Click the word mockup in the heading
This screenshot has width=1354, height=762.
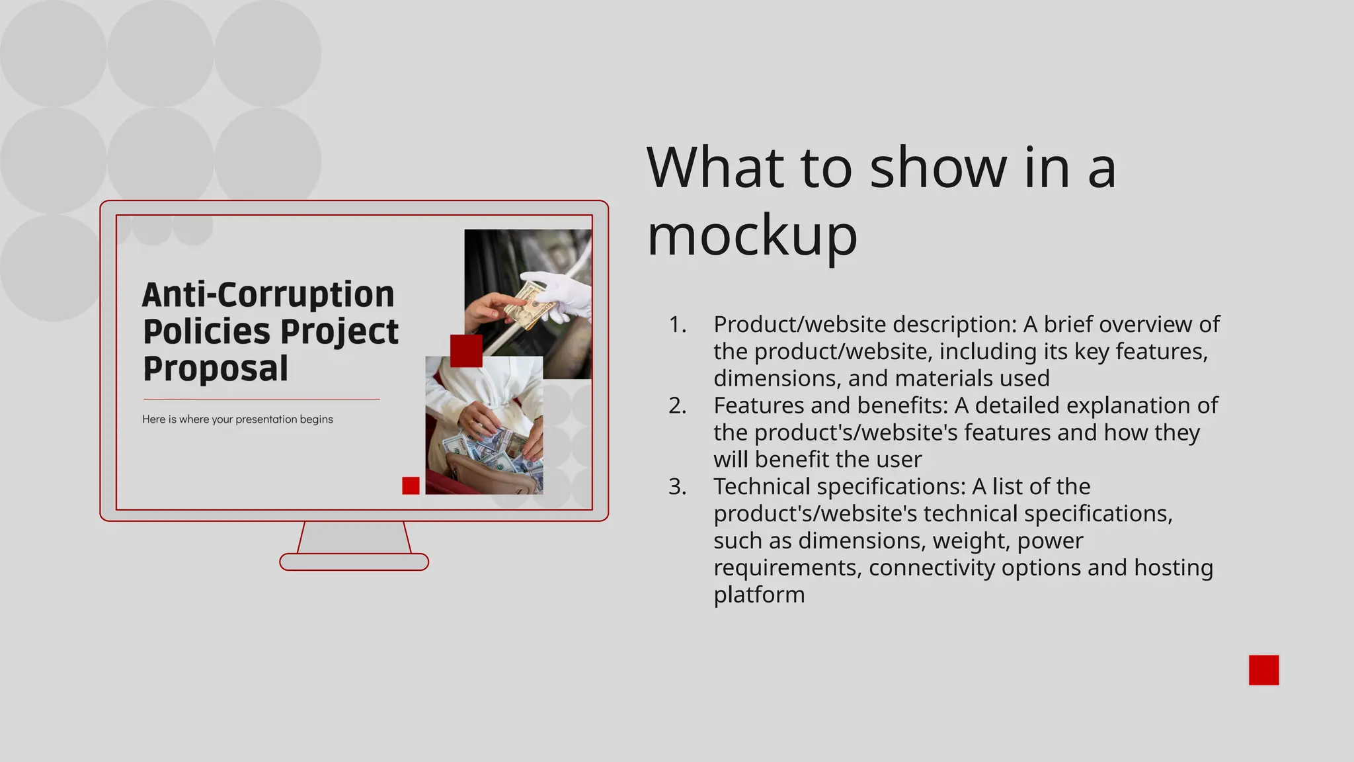point(752,237)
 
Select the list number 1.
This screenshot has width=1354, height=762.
point(678,324)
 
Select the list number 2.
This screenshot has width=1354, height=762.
point(678,405)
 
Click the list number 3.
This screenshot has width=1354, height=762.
point(678,486)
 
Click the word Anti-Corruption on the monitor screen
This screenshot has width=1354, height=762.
point(268,294)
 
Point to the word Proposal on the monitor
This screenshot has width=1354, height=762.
point(216,368)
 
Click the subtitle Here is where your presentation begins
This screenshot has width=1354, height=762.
point(237,419)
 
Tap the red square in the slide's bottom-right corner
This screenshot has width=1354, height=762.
point(1263,670)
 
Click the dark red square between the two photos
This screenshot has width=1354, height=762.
point(466,351)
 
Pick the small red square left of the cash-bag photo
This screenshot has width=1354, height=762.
point(411,486)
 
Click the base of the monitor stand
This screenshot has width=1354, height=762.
point(354,562)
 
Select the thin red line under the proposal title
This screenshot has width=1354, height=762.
point(261,400)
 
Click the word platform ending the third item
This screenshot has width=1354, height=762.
point(759,595)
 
